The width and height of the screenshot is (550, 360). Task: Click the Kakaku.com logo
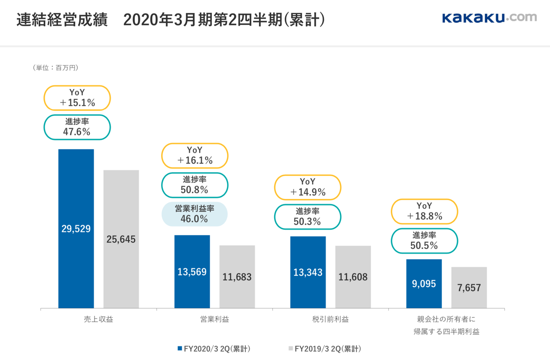click(489, 18)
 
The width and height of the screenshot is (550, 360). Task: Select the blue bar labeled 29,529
click(76, 229)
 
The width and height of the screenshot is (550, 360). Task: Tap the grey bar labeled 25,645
click(121, 239)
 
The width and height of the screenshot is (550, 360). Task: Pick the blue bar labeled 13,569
click(192, 272)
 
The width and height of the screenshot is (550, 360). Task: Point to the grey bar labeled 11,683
click(237, 277)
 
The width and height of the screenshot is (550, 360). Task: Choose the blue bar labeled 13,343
click(308, 272)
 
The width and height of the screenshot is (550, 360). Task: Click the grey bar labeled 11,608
click(353, 277)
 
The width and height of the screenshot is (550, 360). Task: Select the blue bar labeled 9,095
click(424, 284)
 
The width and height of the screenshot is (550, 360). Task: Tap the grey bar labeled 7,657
click(469, 287)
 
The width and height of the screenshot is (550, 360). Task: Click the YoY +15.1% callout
click(77, 98)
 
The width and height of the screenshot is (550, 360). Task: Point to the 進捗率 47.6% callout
click(77, 127)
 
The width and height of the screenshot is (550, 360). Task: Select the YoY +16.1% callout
click(195, 156)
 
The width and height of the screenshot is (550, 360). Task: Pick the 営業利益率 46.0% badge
click(195, 214)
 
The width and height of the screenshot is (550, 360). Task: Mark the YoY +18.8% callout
click(425, 211)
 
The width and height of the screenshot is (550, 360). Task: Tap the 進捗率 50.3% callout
click(308, 217)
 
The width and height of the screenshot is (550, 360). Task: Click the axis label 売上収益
click(98, 319)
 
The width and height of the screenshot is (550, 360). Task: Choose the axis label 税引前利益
click(330, 319)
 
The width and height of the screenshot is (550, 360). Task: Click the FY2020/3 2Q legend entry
click(214, 349)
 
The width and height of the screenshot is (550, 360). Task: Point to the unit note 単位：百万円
click(55, 67)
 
